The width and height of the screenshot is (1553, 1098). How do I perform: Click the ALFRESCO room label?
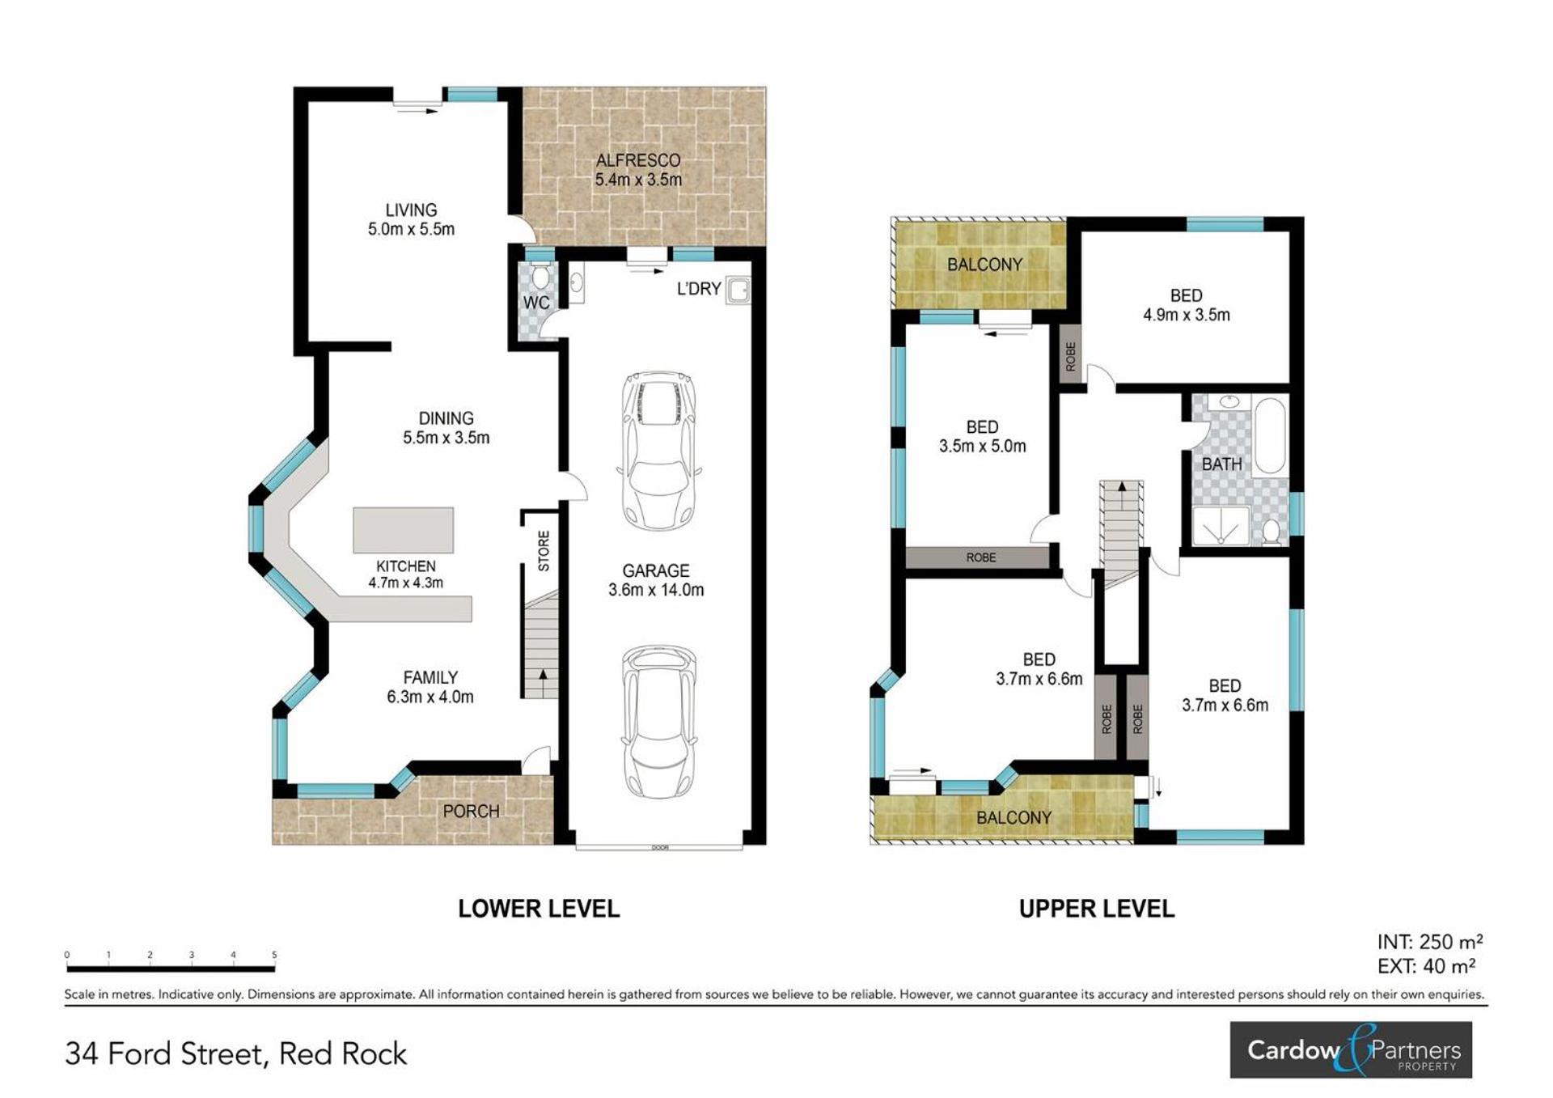click(x=638, y=160)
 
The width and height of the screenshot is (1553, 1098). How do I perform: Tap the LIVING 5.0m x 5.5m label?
click(x=411, y=219)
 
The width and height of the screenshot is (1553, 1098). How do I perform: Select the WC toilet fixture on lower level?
click(x=540, y=276)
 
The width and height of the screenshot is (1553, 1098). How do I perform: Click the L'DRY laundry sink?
click(x=737, y=289)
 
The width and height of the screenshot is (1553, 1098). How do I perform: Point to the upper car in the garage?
click(x=659, y=451)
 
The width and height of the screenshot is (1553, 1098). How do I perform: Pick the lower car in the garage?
click(x=659, y=723)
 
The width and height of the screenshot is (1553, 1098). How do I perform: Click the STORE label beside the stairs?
click(x=544, y=551)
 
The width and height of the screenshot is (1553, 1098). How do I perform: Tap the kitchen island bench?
click(x=403, y=531)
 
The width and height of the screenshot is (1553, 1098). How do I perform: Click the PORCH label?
click(x=471, y=811)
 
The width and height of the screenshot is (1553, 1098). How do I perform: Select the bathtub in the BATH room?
click(x=1270, y=435)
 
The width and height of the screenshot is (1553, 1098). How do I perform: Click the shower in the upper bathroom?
click(x=1221, y=526)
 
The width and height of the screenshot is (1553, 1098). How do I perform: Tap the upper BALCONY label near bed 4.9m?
click(x=984, y=265)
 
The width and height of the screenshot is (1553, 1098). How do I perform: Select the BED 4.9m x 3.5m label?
click(x=1186, y=306)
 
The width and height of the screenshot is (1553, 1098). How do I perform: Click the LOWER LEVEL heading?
click(x=539, y=909)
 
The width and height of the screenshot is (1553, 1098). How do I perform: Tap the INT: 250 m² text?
click(x=1430, y=942)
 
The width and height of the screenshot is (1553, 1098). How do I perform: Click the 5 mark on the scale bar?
click(x=274, y=956)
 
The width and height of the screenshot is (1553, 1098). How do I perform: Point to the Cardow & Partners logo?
click(x=1351, y=1049)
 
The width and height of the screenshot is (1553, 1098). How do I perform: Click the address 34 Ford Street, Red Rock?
click(x=236, y=1053)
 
